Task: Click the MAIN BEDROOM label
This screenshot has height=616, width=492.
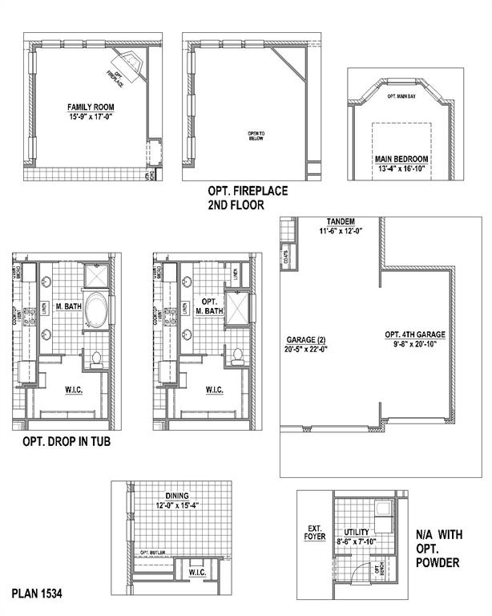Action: pos(404,159)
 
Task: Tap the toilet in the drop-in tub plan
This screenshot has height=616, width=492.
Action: pos(96,358)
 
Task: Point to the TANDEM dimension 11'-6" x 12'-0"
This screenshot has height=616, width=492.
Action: pos(341,231)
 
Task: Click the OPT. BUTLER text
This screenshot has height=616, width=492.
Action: pos(151,553)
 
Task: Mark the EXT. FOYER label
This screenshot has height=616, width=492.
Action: pos(315,532)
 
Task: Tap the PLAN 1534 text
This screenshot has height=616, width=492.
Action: pos(37,594)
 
